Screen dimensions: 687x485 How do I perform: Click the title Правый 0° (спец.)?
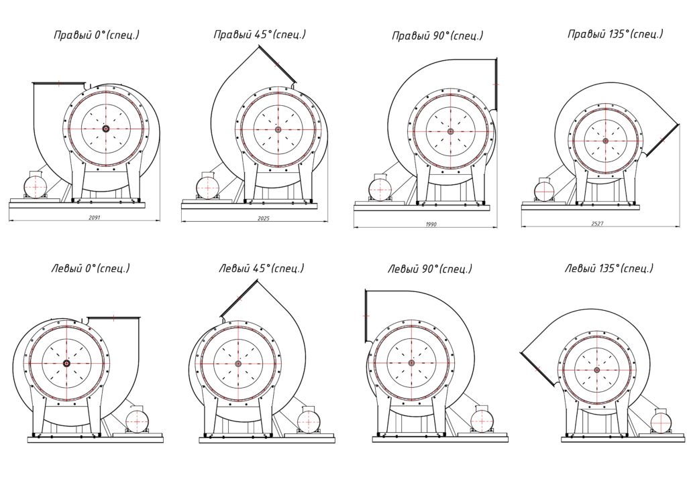[x=97, y=35]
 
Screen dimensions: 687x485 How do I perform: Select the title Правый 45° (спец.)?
[x=260, y=35]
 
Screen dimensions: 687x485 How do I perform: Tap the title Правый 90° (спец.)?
[x=437, y=36]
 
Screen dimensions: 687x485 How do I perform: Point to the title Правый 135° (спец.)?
[x=615, y=34]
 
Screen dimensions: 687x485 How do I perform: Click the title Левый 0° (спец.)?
[x=91, y=268]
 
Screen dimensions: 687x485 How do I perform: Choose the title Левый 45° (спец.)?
[x=261, y=268]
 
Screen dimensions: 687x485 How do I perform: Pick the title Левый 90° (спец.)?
[x=430, y=269]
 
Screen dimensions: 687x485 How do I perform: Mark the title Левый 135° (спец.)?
[x=609, y=268]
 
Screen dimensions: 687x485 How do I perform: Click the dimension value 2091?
[x=95, y=217]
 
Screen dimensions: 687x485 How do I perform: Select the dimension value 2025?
[x=264, y=218]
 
